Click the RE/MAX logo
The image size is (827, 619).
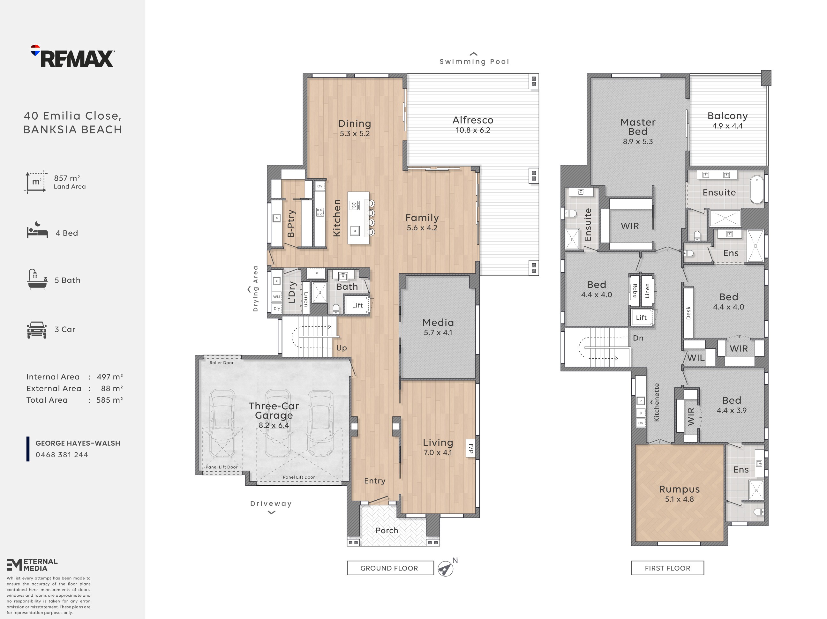72,56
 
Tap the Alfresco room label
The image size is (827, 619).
473,120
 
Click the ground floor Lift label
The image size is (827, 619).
357,305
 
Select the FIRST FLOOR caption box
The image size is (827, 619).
667,568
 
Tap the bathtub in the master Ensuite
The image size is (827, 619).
757,189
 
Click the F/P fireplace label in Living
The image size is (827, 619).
471,449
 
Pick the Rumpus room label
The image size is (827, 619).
679,489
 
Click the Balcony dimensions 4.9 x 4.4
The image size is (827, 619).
727,126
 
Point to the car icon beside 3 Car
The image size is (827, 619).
37,330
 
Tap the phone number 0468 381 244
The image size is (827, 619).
62,455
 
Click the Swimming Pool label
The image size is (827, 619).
474,62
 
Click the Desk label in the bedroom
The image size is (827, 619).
688,313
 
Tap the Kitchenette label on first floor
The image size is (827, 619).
657,402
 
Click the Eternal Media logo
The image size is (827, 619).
32,565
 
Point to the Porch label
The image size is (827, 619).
387,530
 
